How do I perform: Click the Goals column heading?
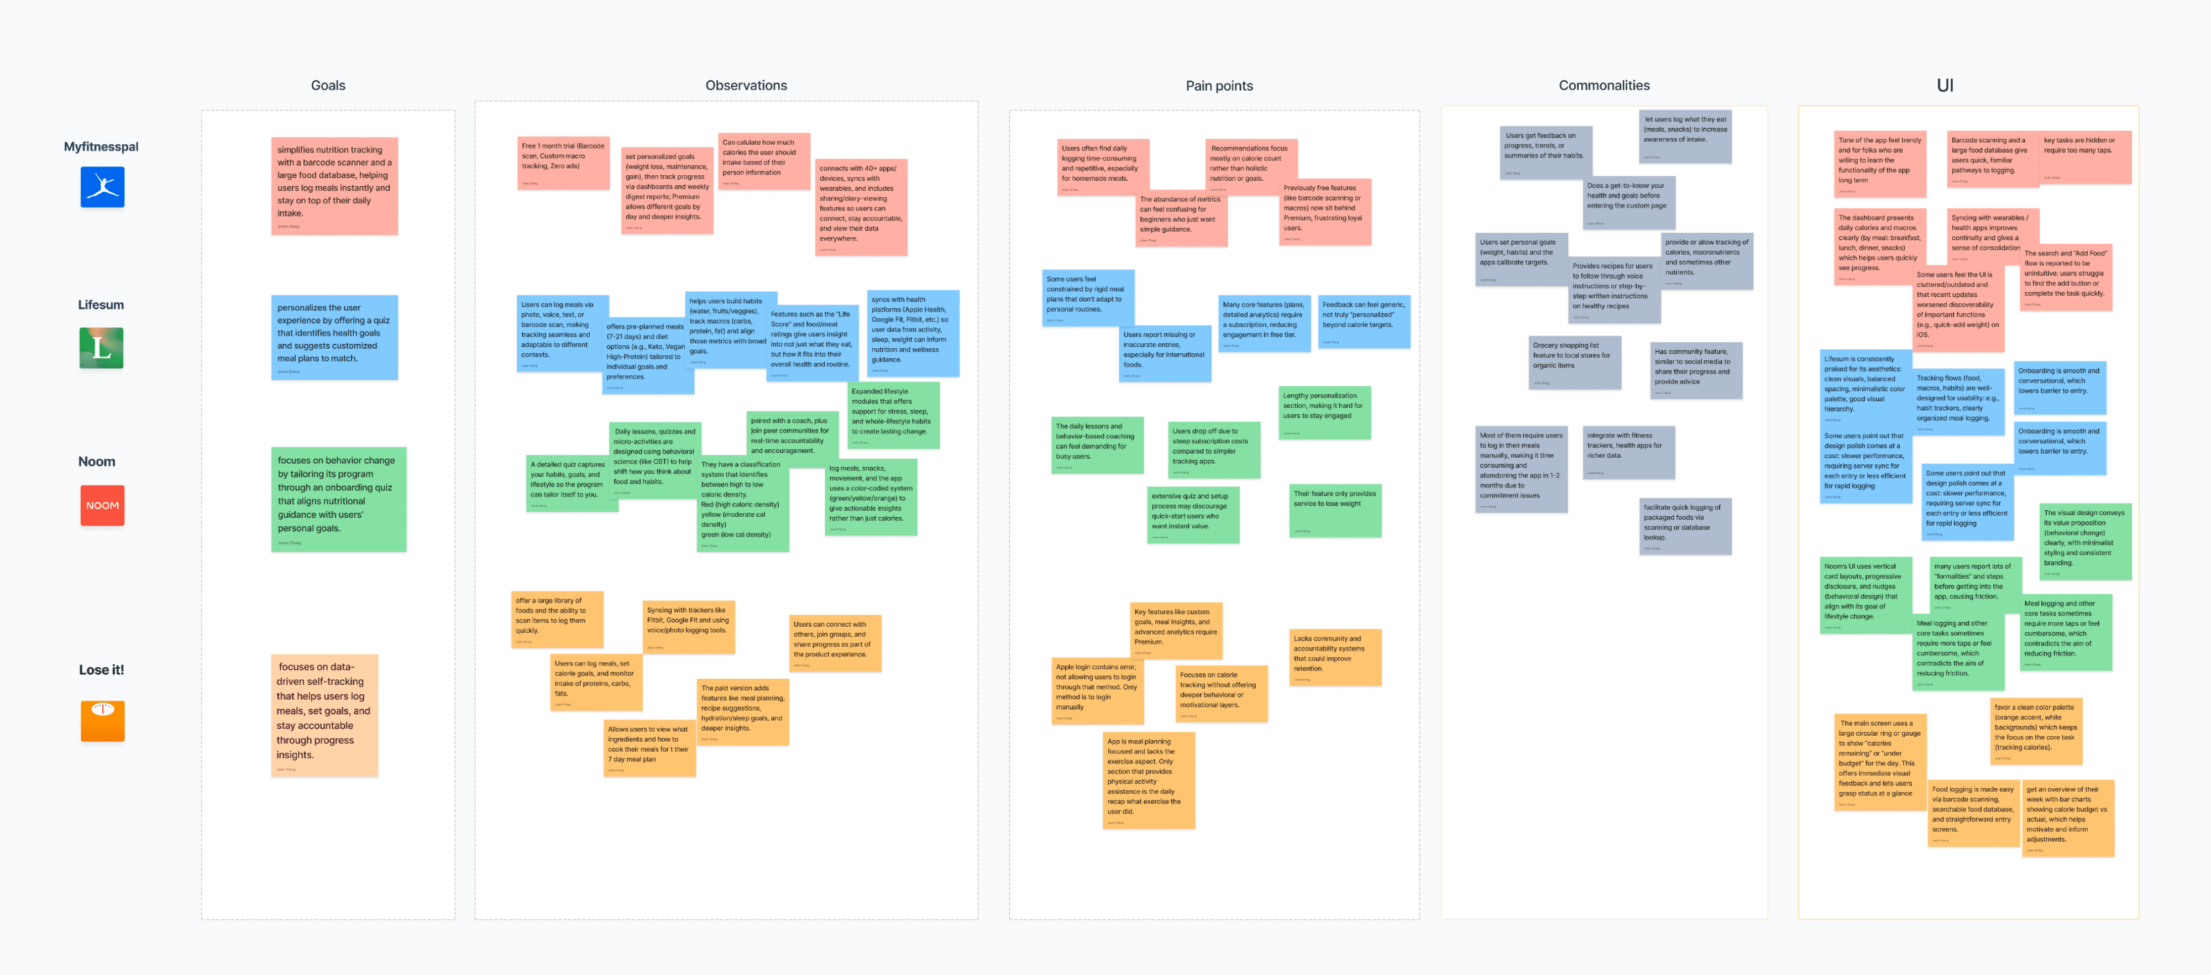pyautogui.click(x=328, y=86)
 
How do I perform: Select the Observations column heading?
pyautogui.click(x=745, y=86)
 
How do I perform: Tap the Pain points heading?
pyautogui.click(x=1219, y=86)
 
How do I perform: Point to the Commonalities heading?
pyautogui.click(x=1604, y=86)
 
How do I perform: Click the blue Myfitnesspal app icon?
pyautogui.click(x=102, y=187)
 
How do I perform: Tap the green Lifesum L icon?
pyautogui.click(x=101, y=348)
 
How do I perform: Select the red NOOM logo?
pyautogui.click(x=102, y=506)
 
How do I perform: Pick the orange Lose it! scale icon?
pyautogui.click(x=102, y=720)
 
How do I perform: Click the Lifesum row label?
pyautogui.click(x=101, y=305)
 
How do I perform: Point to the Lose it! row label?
pyautogui.click(x=101, y=669)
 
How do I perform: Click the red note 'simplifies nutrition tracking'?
pyautogui.click(x=334, y=185)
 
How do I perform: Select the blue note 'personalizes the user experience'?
pyautogui.click(x=334, y=337)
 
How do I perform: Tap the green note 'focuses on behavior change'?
pyautogui.click(x=338, y=499)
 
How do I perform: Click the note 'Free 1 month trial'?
pyautogui.click(x=563, y=162)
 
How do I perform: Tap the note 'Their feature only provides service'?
pyautogui.click(x=1335, y=510)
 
